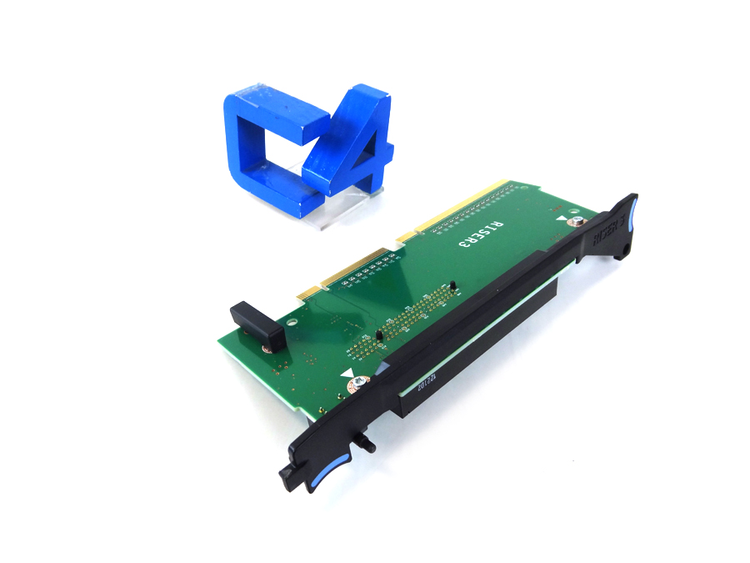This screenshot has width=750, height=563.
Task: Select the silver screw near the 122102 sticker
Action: coord(357,382)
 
